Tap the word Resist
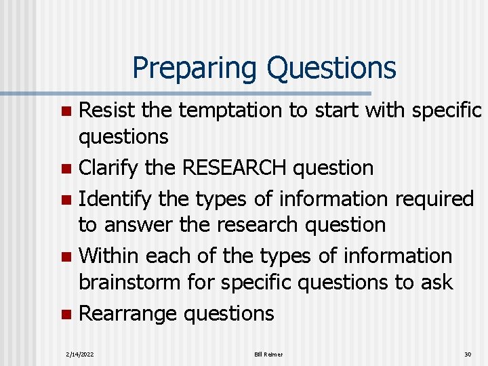tap(110, 110)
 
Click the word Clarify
tap(109, 167)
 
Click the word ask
tap(436, 282)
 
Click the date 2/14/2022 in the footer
tap(80, 354)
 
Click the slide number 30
tap(467, 354)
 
